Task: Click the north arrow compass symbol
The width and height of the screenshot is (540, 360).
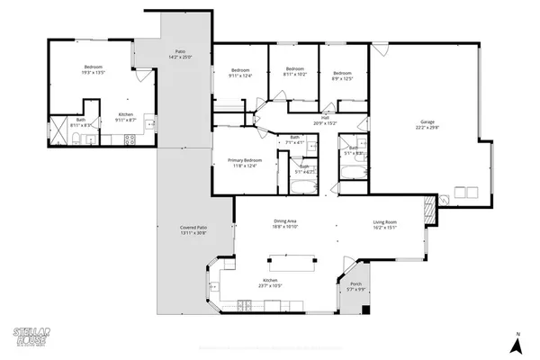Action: click(x=518, y=344)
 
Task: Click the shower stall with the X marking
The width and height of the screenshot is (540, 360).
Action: click(x=58, y=131)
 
